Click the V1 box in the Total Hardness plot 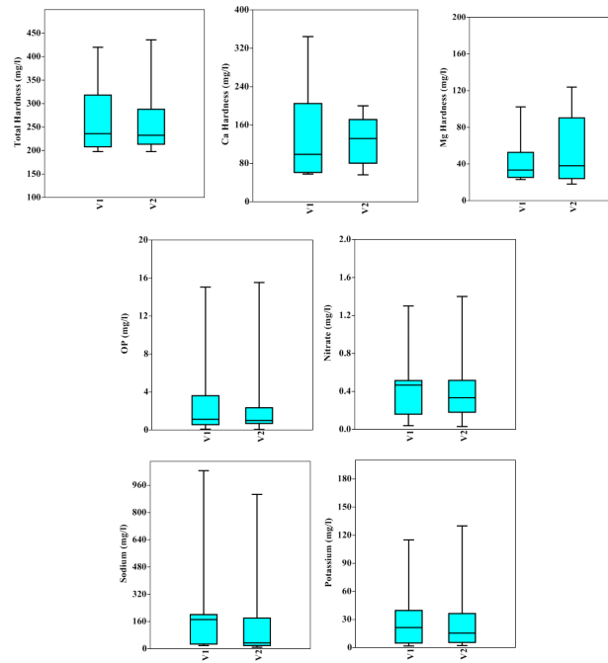[98, 121]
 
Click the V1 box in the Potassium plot [408, 626]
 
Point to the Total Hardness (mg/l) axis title [19, 104]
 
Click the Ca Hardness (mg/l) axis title [227, 105]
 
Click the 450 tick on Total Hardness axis [33, 33]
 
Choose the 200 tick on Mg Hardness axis [458, 17]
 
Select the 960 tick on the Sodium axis [138, 485]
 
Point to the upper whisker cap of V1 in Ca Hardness [308, 37]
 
